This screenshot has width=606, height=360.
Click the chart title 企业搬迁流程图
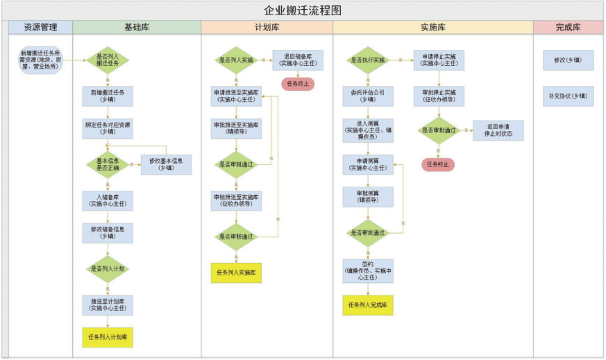point(303,10)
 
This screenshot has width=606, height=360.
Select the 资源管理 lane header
point(40,27)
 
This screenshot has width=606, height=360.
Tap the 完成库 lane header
point(568,27)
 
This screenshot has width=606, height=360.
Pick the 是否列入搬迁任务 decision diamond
point(108,60)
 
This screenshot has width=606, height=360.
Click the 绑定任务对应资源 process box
point(108,128)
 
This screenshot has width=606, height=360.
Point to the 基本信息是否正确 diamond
point(108,164)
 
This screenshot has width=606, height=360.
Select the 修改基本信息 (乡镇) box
point(166,164)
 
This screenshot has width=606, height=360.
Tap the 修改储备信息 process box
point(108,232)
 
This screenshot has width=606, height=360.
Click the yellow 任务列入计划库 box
point(108,337)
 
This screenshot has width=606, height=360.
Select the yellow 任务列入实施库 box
point(236,273)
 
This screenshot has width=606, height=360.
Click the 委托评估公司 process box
point(368,95)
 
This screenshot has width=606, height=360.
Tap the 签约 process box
point(368,271)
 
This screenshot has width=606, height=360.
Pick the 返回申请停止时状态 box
point(498,130)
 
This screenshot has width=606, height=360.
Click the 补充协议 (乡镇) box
point(568,96)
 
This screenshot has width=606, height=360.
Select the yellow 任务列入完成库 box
point(368,305)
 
